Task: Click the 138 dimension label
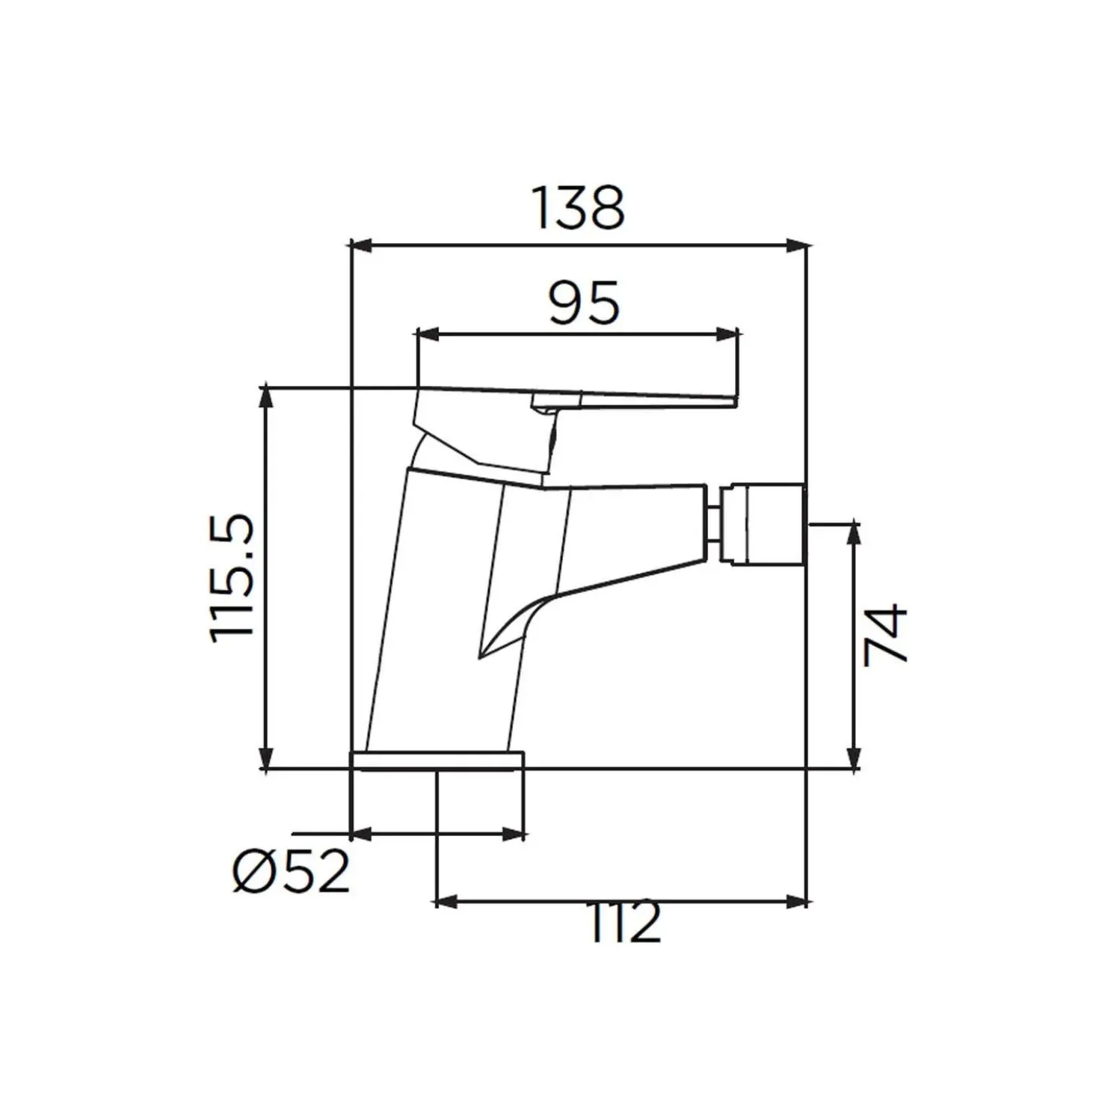click(x=578, y=209)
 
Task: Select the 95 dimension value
click(x=583, y=302)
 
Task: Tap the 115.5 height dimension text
click(x=232, y=579)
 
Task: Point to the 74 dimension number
click(x=885, y=636)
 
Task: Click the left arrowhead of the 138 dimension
click(x=361, y=246)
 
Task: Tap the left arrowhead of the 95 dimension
click(x=428, y=334)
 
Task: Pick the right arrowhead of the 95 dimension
click(x=727, y=334)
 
